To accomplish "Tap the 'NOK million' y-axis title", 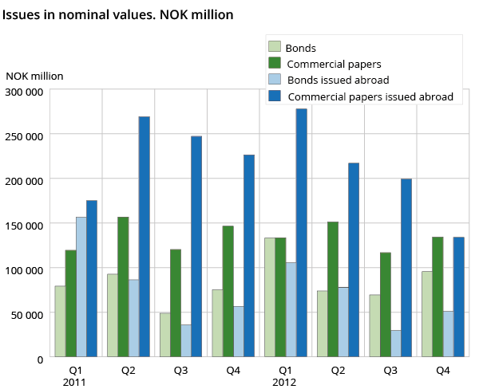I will [34, 76].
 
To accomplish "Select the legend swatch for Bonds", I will [275, 48].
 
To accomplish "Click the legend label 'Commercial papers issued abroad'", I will [370, 97].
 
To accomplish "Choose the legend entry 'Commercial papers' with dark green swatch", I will [333, 64].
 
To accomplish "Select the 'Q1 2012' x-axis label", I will [285, 376].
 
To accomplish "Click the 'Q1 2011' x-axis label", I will [75, 376].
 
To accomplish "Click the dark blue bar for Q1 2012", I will [301, 233].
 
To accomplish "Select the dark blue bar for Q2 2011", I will [144, 237].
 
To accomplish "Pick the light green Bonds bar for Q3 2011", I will [164, 335].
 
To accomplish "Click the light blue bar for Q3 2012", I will [395, 344].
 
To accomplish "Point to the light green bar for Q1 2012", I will [269, 297].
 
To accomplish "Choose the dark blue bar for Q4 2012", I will [458, 297].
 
